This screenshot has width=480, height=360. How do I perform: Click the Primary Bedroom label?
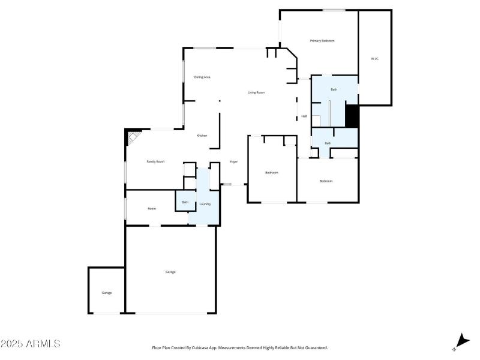click(322, 41)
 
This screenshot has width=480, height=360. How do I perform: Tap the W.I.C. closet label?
click(374, 59)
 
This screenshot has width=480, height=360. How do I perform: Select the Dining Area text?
click(202, 77)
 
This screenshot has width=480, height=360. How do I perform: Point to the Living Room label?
click(256, 92)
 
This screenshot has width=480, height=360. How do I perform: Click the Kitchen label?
click(202, 136)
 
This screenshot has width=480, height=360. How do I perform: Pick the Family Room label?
click(155, 161)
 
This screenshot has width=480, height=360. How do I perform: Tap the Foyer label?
click(234, 162)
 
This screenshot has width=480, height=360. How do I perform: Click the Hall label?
click(304, 116)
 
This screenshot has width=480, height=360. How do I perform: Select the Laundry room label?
click(205, 204)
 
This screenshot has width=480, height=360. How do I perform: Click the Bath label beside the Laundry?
click(185, 202)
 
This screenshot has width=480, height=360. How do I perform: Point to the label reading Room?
click(152, 209)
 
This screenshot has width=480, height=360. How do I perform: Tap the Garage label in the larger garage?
click(170, 272)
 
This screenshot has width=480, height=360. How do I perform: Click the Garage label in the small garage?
click(106, 293)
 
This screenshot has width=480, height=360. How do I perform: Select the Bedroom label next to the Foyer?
click(272, 173)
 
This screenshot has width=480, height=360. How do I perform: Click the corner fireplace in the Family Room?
click(131, 139)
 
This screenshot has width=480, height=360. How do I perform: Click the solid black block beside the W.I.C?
click(352, 116)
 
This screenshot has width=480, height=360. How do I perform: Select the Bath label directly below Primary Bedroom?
click(334, 89)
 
